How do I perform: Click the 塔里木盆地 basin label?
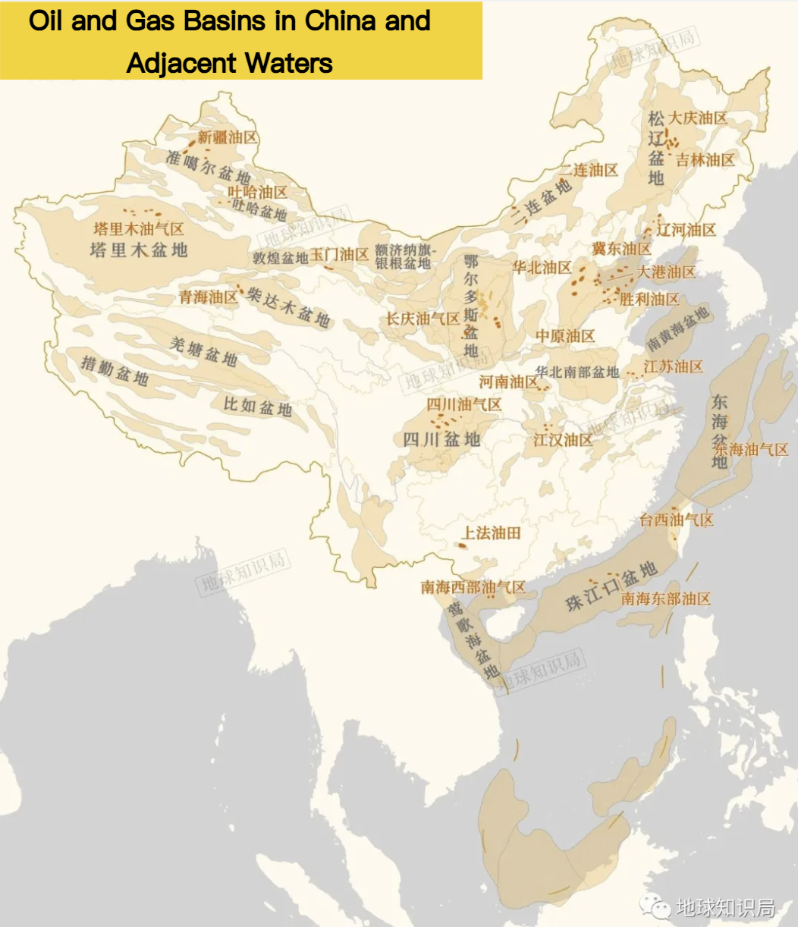[x=139, y=250]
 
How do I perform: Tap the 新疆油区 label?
[x=228, y=137]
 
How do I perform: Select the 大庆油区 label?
[x=698, y=118]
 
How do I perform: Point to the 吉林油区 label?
[x=705, y=160]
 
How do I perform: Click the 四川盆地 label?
[x=441, y=439]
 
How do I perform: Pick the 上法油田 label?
[x=492, y=533]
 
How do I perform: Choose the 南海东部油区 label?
[x=666, y=599]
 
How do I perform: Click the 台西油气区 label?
[x=677, y=520]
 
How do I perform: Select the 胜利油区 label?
[x=649, y=300]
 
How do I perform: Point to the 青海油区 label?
[x=209, y=297]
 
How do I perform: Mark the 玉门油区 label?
[x=339, y=254]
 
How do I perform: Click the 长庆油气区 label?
[x=423, y=319]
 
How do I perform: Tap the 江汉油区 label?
[x=563, y=440]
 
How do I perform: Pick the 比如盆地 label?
[x=258, y=407]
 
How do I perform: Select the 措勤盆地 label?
[x=115, y=371]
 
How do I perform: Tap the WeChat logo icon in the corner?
[x=654, y=906]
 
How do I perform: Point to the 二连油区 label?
[x=589, y=171]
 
